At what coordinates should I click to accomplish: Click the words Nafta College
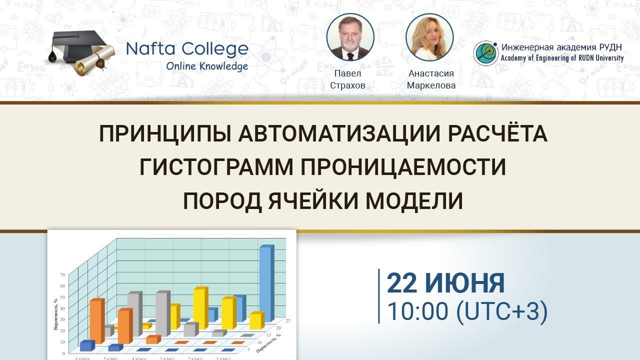(187, 49)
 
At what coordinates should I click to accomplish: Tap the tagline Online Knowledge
(207, 66)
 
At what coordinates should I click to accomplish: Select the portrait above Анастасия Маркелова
(429, 37)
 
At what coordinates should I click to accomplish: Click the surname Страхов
(347, 85)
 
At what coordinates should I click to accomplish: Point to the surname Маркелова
(431, 85)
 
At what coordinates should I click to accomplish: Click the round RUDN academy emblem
(486, 53)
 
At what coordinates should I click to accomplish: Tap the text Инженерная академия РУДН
(562, 48)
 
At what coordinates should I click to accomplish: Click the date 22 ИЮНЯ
(445, 283)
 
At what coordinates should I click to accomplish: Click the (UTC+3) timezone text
(502, 311)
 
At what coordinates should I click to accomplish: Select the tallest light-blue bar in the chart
(266, 283)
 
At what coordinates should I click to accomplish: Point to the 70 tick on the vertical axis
(62, 274)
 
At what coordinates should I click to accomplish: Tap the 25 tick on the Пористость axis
(288, 319)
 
